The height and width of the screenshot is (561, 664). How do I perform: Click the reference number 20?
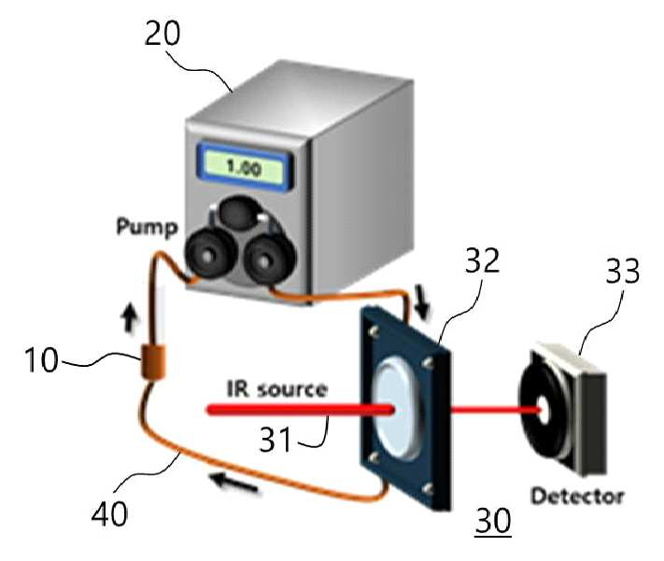pos(162,33)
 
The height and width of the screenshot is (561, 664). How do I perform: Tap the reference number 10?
pos(41,359)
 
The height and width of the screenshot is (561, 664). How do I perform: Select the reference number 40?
pos(109,513)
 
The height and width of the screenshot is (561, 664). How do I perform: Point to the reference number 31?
pos(275,439)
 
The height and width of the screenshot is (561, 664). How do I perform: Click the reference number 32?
pos(482,260)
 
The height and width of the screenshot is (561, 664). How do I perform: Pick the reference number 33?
pos(623,271)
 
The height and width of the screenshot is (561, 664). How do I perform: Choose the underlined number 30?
pos(493,520)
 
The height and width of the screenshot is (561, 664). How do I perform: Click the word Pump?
pos(147,227)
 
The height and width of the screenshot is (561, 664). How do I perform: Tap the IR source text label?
pos(277,388)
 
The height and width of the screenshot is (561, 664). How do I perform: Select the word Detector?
pos(577,496)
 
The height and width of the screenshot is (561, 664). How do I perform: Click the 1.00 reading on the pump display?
pos(244,167)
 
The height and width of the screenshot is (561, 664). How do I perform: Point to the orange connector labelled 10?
pos(153,361)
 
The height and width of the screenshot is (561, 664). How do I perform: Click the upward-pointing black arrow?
pos(130,319)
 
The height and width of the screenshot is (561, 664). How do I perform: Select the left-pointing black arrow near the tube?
pos(234,484)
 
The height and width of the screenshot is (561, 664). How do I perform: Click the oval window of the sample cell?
pos(395,409)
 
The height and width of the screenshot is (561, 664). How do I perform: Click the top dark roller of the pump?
pos(238,213)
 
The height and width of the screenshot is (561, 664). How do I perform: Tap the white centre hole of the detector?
pos(544,410)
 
